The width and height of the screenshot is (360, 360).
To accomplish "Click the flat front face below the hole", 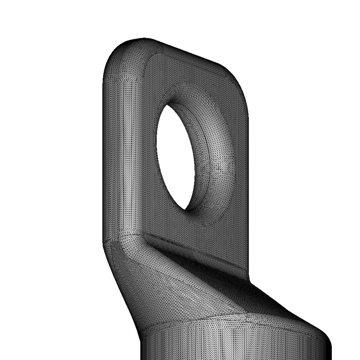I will (x=197, y=236).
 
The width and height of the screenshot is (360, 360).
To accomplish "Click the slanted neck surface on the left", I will (x=130, y=281).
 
